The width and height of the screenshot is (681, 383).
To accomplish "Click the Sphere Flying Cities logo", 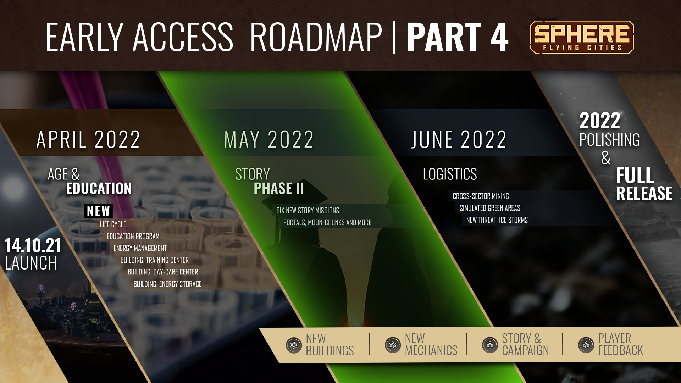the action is click(582, 37).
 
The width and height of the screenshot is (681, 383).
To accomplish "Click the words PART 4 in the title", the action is click(458, 37).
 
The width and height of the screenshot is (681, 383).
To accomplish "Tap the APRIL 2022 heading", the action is click(88, 139).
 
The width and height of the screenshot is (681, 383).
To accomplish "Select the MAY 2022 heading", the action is click(269, 139).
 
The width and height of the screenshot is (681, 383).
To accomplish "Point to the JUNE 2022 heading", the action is click(459, 139).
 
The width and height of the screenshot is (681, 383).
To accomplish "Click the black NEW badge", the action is click(99, 211).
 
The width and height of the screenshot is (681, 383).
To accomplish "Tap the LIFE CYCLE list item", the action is click(113, 224).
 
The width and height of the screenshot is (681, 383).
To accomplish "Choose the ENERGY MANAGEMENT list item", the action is click(140, 248).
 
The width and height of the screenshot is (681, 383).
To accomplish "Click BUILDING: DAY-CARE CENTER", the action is click(163, 272).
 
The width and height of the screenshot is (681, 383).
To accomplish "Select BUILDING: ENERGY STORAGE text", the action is click(167, 284).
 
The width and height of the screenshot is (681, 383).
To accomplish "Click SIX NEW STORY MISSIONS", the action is click(308, 211).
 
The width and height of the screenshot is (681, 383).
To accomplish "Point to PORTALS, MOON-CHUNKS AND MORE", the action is click(327, 223).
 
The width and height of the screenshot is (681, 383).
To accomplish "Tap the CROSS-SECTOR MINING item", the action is click(481, 196).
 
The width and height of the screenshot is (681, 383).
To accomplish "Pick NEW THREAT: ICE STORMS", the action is click(497, 220).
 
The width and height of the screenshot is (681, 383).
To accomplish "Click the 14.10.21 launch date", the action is click(33, 245).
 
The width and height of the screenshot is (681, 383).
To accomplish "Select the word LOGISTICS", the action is click(450, 174).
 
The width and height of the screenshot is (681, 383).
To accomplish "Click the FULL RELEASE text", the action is click(644, 184).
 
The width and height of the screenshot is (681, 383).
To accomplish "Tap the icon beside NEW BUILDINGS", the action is click(294, 345).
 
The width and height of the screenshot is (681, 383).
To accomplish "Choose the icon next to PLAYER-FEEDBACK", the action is click(586, 345).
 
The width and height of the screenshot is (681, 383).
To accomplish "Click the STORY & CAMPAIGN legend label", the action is click(525, 344).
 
